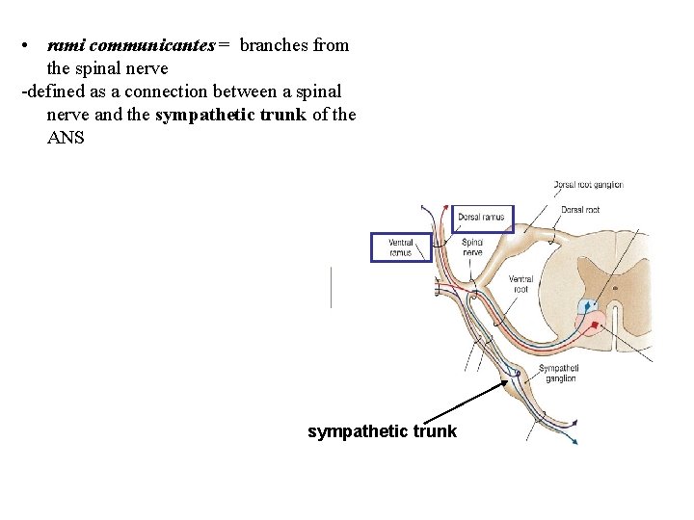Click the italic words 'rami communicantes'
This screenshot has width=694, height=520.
(130, 45)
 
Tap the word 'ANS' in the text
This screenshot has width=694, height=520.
(66, 138)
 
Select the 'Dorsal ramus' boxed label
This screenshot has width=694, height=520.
(482, 218)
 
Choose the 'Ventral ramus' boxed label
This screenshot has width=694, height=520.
(401, 247)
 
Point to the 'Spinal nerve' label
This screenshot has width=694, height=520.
(472, 247)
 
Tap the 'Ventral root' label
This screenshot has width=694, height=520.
(520, 284)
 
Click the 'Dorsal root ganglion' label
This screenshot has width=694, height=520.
(588, 185)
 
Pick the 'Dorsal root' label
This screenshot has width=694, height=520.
(579, 210)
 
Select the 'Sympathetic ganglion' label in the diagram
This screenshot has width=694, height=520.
(558, 374)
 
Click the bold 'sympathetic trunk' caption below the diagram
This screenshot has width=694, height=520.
(382, 431)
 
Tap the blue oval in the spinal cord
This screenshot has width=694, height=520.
(588, 307)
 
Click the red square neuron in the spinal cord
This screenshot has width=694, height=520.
(595, 325)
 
